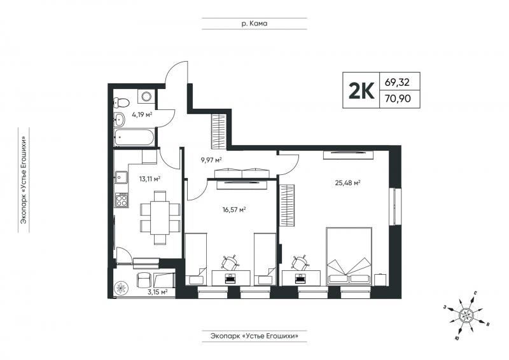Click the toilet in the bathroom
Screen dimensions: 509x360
121,103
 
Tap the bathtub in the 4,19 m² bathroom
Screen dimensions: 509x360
134,137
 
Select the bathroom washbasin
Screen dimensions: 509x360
119,120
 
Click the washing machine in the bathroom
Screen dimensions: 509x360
146,96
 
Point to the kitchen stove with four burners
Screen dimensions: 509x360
122,200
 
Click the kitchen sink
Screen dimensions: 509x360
122,177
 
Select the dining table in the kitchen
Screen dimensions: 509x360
160,218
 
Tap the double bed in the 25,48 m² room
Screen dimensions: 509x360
349,256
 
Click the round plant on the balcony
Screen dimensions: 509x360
121,287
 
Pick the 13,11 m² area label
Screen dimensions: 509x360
150,179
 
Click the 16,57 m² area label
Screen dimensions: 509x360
234,210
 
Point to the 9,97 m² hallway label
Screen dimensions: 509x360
211,160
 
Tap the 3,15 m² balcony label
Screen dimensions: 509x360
157,292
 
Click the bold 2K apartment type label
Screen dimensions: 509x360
361,90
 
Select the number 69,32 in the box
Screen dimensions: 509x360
397,82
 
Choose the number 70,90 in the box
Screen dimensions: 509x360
398,98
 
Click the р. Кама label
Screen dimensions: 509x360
254,24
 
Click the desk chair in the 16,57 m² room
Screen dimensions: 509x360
230,263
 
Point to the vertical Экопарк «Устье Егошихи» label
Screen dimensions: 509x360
24,180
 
